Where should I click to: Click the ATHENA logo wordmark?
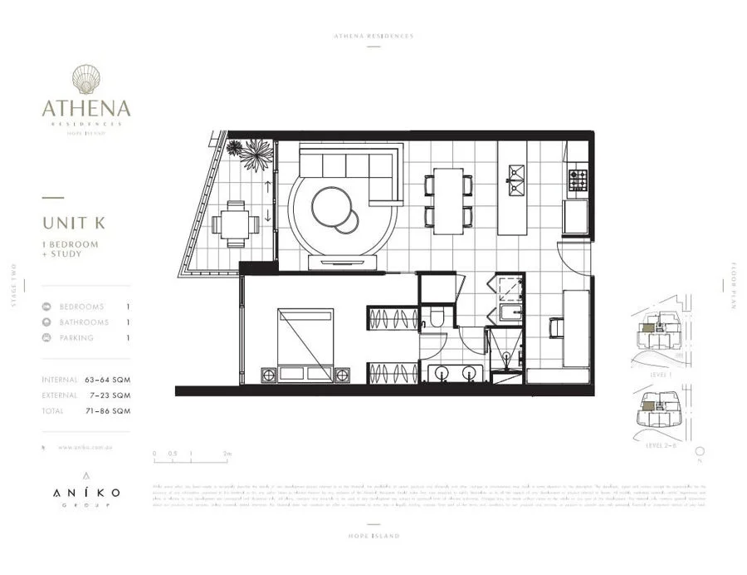point(86,108)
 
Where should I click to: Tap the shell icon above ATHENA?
point(85,80)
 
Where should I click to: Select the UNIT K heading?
point(76,223)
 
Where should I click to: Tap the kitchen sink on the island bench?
point(516,174)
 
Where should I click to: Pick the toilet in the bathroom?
point(436,317)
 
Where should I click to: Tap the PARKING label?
point(76,338)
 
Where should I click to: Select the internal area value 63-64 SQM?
point(108,380)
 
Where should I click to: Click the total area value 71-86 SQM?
point(108,411)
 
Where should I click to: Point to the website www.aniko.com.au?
point(86,448)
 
